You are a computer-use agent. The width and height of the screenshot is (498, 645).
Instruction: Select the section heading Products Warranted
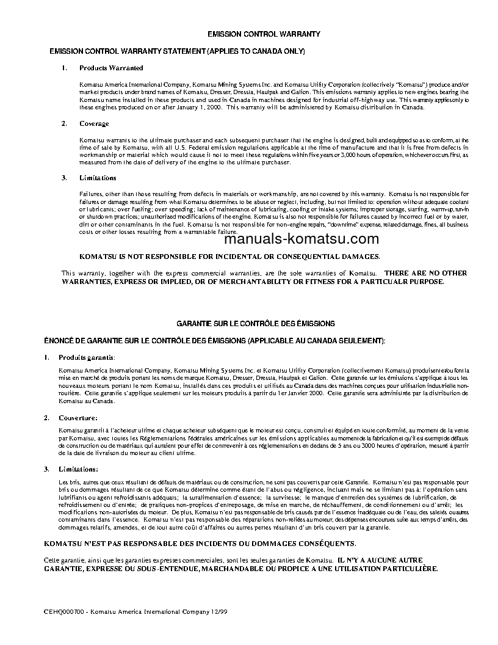(x=111, y=68)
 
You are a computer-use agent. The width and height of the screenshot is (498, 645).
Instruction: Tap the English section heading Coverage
(x=94, y=123)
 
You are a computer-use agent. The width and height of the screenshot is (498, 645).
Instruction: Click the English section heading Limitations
(x=98, y=178)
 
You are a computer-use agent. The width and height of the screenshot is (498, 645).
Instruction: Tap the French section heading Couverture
(x=78, y=418)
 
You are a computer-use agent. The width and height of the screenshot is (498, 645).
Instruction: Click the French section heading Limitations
(x=78, y=469)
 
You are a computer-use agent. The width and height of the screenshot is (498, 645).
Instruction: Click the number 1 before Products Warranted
(x=64, y=68)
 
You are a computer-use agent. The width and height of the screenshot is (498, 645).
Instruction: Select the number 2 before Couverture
(x=46, y=418)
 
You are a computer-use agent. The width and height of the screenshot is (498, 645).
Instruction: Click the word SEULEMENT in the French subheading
(x=356, y=340)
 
